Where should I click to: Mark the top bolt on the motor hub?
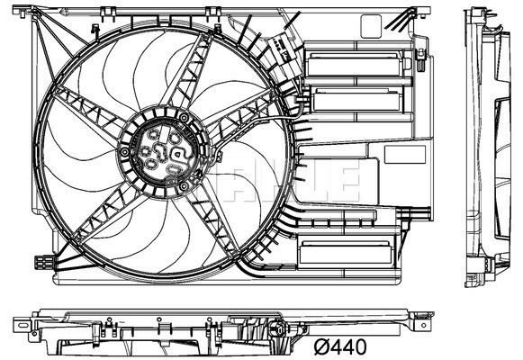[185, 117]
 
